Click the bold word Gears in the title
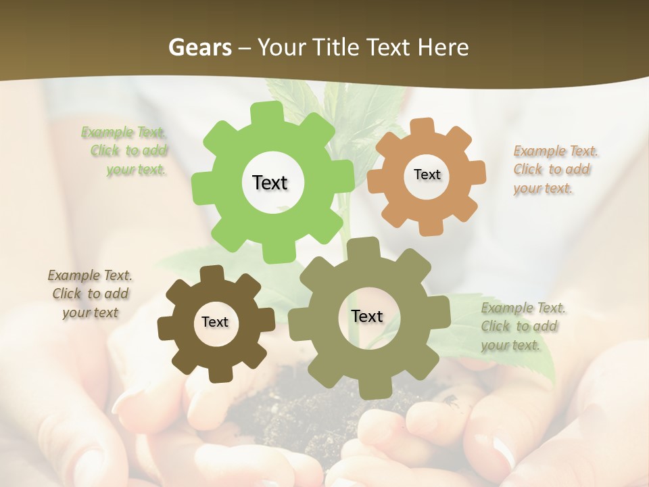point(199,47)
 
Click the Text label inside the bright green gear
point(270,183)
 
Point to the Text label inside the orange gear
point(427,175)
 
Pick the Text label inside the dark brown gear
point(214,322)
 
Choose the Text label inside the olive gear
point(367,316)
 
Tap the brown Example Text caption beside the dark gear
point(90,294)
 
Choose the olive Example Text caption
point(522,326)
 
